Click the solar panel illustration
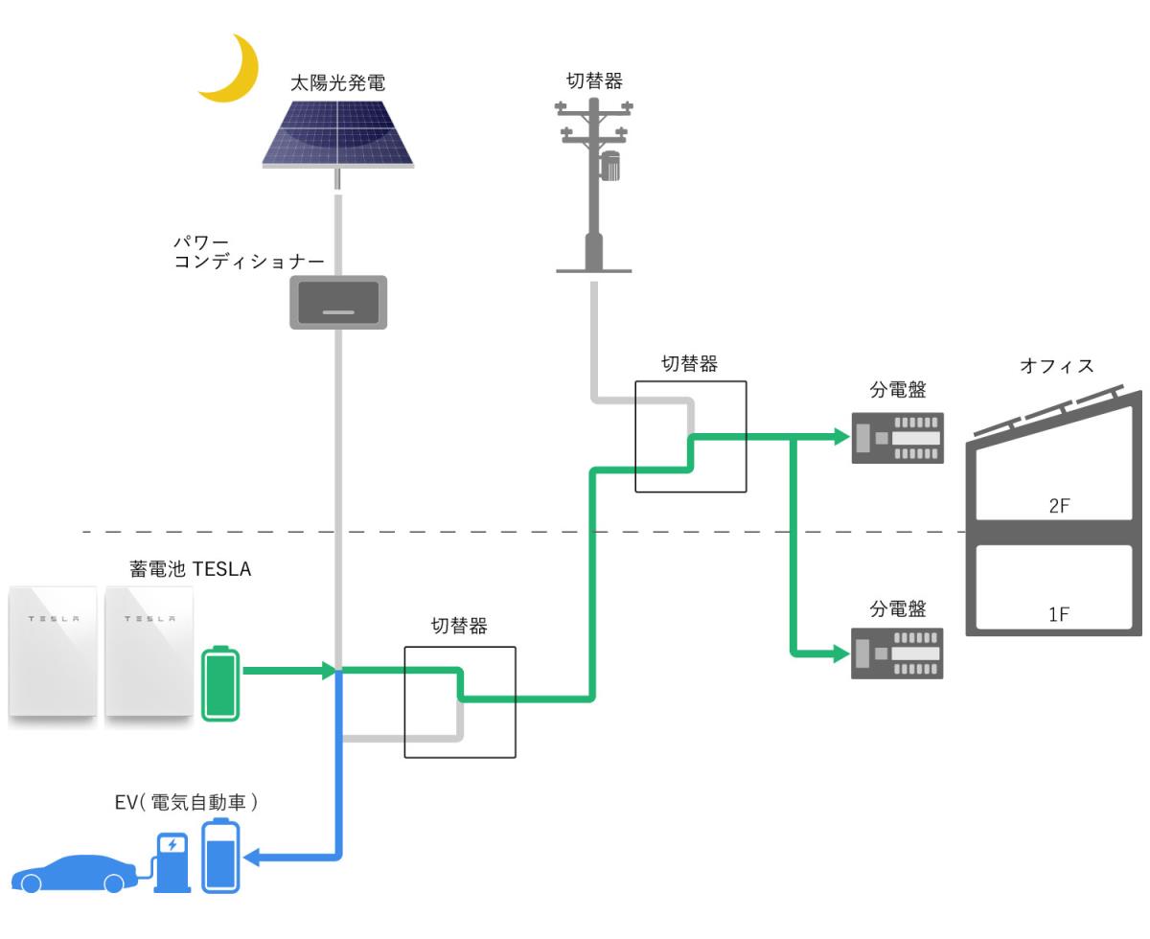pyautogui.click(x=337, y=133)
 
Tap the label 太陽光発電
pyautogui.click(x=337, y=83)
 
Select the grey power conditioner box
pyautogui.click(x=338, y=302)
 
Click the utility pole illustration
pyautogui.click(x=594, y=185)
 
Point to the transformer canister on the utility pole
pyautogui.click(x=609, y=166)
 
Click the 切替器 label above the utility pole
pyautogui.click(x=594, y=80)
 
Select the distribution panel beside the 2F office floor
pyautogui.click(x=898, y=438)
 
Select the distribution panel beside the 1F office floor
pyautogui.click(x=897, y=653)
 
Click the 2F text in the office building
pyautogui.click(x=1059, y=506)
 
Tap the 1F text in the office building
pyautogui.click(x=1059, y=614)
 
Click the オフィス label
pyautogui.click(x=1057, y=366)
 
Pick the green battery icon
pyautogui.click(x=220, y=683)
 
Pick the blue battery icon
pyautogui.click(x=220, y=855)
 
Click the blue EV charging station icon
pyautogui.click(x=172, y=862)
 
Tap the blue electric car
pyautogui.click(x=75, y=874)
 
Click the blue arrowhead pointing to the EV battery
pyautogui.click(x=251, y=858)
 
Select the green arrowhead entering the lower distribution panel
pyautogui.click(x=841, y=653)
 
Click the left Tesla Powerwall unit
pyautogui.click(x=53, y=652)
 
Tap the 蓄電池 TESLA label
pyautogui.click(x=191, y=569)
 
